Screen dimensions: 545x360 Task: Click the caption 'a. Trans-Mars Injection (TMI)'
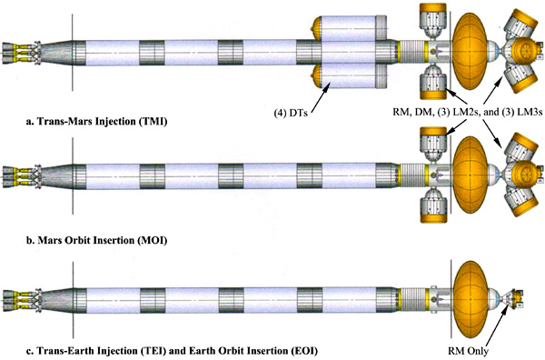coord(96,122)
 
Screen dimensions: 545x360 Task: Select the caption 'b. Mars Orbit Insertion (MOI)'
coord(96,240)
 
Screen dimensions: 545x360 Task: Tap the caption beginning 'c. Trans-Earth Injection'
coord(172,350)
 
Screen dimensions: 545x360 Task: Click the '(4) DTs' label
coord(291,114)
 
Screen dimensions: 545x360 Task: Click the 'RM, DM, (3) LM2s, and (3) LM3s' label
coord(468,113)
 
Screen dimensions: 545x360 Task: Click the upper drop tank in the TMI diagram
coord(350,28)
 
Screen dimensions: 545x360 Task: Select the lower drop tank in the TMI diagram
coord(350,76)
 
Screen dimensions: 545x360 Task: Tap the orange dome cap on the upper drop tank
coord(316,28)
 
